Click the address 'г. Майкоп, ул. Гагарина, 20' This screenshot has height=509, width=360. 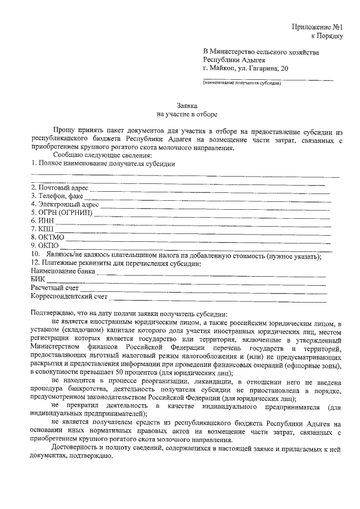coord(247,68)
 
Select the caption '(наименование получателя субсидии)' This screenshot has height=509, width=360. coord(242,83)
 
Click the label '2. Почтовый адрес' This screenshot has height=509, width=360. coord(60,187)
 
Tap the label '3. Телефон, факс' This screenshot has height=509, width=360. coord(57,196)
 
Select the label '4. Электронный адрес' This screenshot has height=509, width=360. coord(65,204)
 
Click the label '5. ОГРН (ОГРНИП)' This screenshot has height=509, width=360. coord(62,213)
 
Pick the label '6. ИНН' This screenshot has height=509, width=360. coord(43,221)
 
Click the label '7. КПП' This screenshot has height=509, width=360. coord(43,229)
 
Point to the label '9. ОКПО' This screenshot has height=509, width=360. coord(46,246)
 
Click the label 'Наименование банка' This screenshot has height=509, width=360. coord(62,271)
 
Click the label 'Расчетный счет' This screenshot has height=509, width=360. coord(56,287)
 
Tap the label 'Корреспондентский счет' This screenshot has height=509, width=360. coord(69,296)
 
